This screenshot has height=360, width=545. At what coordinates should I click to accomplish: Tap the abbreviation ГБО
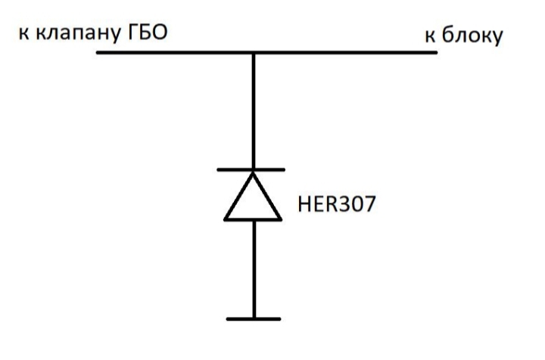pyautogui.click(x=148, y=32)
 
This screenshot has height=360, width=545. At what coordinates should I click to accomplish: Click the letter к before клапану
pyautogui.click(x=23, y=34)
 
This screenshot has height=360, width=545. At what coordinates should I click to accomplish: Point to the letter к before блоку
pyautogui.click(x=430, y=36)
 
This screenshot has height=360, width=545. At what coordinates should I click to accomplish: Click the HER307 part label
pyautogui.click(x=336, y=203)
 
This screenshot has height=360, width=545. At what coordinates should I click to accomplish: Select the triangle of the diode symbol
pyautogui.click(x=253, y=197)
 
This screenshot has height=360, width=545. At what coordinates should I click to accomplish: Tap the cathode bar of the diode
pyautogui.click(x=251, y=169)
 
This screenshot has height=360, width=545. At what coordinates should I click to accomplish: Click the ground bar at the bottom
pyautogui.click(x=254, y=318)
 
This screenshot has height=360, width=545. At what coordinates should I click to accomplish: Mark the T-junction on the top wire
pyautogui.click(x=254, y=53)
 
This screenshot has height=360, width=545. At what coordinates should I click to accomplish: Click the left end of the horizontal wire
pyautogui.click(x=97, y=52)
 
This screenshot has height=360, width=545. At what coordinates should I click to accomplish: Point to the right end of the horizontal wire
pyautogui.click(x=437, y=52)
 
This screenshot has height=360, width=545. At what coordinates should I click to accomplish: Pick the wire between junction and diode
pyautogui.click(x=254, y=111)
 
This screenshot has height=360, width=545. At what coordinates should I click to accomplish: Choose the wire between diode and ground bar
pyautogui.click(x=254, y=269)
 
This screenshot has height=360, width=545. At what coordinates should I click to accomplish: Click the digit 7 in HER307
pyautogui.click(x=370, y=203)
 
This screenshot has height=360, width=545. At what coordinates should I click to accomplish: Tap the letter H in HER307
pyautogui.click(x=304, y=203)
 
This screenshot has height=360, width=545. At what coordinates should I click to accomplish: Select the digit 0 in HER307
pyautogui.click(x=356, y=203)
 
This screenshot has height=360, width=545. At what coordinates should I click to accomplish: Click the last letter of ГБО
pyautogui.click(x=159, y=32)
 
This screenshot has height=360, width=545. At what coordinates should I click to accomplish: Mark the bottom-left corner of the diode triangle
pyautogui.click(x=225, y=220)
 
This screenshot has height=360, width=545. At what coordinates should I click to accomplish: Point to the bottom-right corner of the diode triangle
pyautogui.click(x=281, y=220)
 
